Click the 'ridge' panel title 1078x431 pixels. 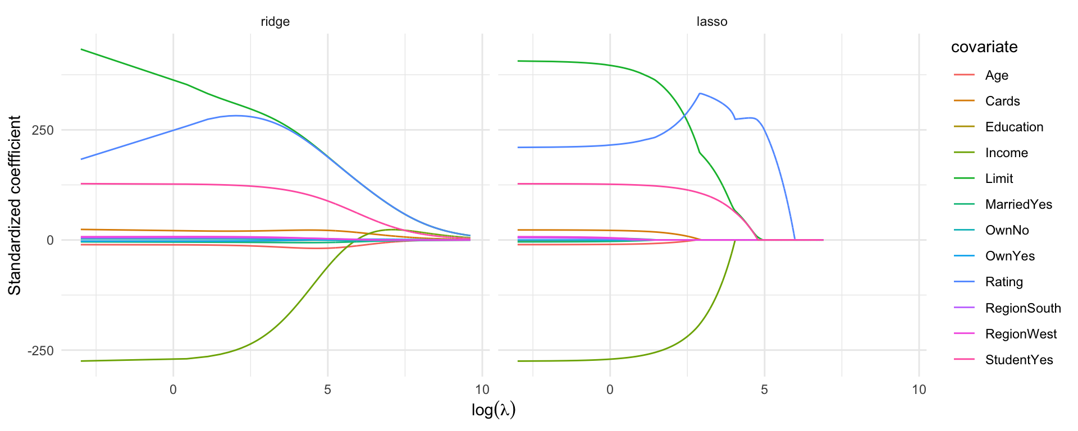pyautogui.click(x=275, y=22)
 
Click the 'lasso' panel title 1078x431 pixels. pyautogui.click(x=711, y=22)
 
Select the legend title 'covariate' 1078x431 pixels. pyautogui.click(x=984, y=47)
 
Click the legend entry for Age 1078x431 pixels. pyautogui.click(x=997, y=75)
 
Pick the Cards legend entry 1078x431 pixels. pyautogui.click(x=1002, y=101)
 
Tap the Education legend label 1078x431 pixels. pyautogui.click(x=1014, y=127)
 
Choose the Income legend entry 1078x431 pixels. pyautogui.click(x=1006, y=153)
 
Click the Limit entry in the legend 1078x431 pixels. pyautogui.click(x=999, y=178)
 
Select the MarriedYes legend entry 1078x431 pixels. pyautogui.click(x=1018, y=204)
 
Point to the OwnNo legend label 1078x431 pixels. pyautogui.click(x=1007, y=230)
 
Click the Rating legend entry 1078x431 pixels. pyautogui.click(x=1004, y=282)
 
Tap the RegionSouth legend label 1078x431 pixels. pyautogui.click(x=1023, y=308)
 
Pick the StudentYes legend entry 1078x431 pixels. pyautogui.click(x=1019, y=360)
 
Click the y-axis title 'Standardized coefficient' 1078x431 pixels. pyautogui.click(x=15, y=205)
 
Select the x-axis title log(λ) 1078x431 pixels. pyautogui.click(x=493, y=410)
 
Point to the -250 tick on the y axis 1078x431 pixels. pyautogui.click(x=41, y=351)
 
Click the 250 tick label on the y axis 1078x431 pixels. pyautogui.click(x=43, y=130)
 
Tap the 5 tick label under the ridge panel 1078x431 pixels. pyautogui.click(x=327, y=389)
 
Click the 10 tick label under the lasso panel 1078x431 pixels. pyautogui.click(x=919, y=389)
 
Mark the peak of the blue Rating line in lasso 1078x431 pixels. pyautogui.click(x=700, y=93)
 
